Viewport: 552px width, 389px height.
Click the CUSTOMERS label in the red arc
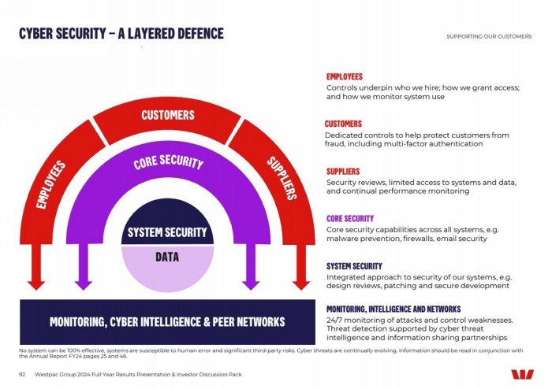pyautogui.click(x=168, y=115)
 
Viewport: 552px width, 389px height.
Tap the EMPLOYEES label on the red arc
pyautogui.click(x=51, y=184)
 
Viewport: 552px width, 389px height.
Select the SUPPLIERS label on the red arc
pyautogui.click(x=282, y=178)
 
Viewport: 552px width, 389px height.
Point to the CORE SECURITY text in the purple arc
pyautogui.click(x=168, y=162)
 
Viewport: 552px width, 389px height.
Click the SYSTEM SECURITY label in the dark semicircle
pyautogui.click(x=167, y=232)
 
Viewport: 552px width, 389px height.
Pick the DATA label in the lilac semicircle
pyautogui.click(x=167, y=257)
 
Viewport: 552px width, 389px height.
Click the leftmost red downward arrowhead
pyautogui.click(x=36, y=285)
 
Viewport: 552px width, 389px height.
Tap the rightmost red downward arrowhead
pyautogui.click(x=301, y=285)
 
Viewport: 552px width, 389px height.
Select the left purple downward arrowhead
pyautogui.click(x=84, y=285)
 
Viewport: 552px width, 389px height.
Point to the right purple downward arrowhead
pyautogui.click(x=251, y=285)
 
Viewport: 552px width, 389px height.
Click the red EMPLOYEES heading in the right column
pyautogui.click(x=345, y=76)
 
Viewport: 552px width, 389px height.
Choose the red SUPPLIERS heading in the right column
pyautogui.click(x=343, y=172)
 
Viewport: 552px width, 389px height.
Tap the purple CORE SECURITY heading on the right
pyautogui.click(x=350, y=219)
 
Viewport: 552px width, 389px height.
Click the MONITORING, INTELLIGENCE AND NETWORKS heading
pyautogui.click(x=393, y=309)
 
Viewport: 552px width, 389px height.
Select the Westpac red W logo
pyautogui.click(x=522, y=374)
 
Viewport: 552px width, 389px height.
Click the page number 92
pyautogui.click(x=22, y=375)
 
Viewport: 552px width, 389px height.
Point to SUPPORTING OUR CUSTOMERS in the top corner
pyautogui.click(x=489, y=36)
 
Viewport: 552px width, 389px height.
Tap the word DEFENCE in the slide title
pyautogui.click(x=200, y=33)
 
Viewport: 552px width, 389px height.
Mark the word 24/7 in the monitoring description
pyautogui.click(x=333, y=320)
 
